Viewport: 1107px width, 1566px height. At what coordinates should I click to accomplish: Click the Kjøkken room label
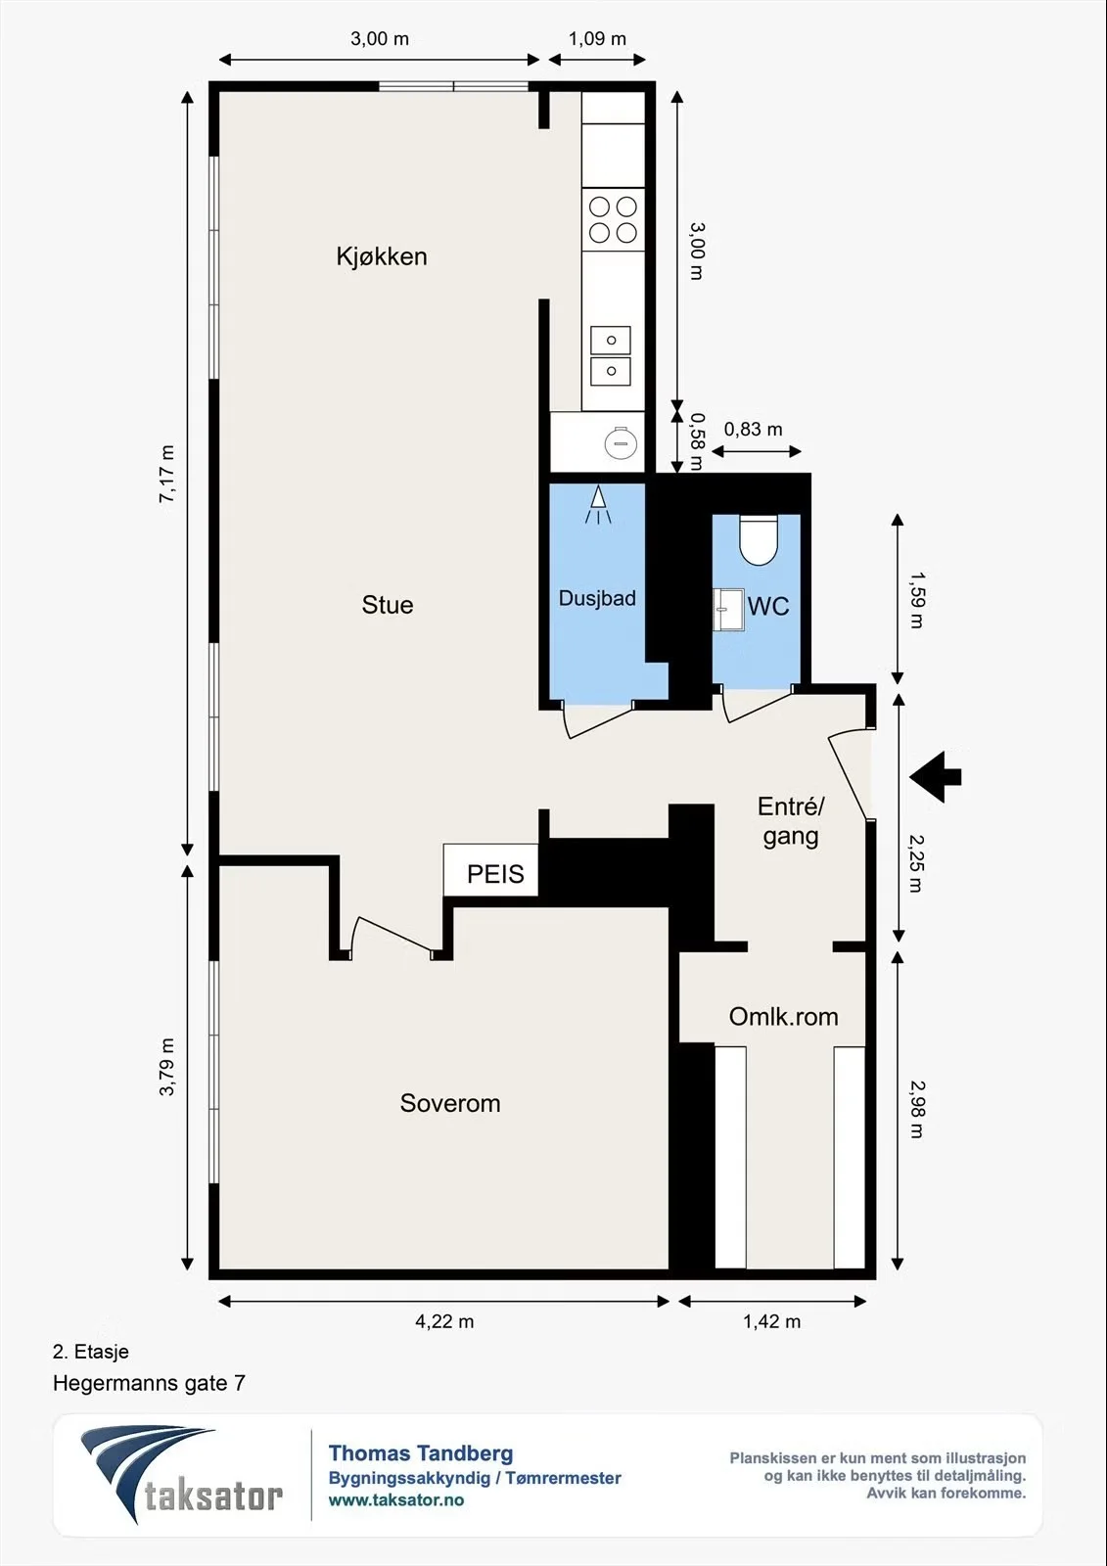(381, 256)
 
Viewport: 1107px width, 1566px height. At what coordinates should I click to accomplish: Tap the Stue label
(388, 605)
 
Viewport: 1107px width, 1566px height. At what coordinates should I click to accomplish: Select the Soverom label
(449, 1102)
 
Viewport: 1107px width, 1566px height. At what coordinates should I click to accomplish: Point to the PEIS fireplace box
(491, 870)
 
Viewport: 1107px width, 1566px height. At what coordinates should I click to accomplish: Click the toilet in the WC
(759, 539)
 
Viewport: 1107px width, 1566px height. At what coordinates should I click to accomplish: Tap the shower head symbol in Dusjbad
(598, 505)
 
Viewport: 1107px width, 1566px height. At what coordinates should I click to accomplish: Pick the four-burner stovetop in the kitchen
(613, 219)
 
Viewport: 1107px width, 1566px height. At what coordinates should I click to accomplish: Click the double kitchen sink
(611, 356)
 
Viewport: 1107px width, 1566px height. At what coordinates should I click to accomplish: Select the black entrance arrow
(936, 777)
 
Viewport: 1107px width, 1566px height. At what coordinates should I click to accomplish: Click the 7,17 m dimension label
(167, 474)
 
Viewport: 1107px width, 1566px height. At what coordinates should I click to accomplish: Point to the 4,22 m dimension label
(444, 1321)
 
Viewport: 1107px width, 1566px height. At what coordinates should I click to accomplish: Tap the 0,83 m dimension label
(753, 430)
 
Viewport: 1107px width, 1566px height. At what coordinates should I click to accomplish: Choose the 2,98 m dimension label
(916, 1110)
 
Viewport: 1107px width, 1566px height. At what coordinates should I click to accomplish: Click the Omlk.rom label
(783, 1017)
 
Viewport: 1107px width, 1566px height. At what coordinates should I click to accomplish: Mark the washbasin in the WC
(728, 610)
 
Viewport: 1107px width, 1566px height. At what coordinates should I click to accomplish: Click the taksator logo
(181, 1475)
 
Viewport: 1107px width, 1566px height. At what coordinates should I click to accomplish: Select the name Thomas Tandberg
(421, 1454)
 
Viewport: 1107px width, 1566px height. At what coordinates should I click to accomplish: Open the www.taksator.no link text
(396, 1500)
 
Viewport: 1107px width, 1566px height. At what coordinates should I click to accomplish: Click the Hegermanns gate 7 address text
(149, 1384)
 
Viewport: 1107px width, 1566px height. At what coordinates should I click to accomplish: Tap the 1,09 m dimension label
(596, 38)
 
